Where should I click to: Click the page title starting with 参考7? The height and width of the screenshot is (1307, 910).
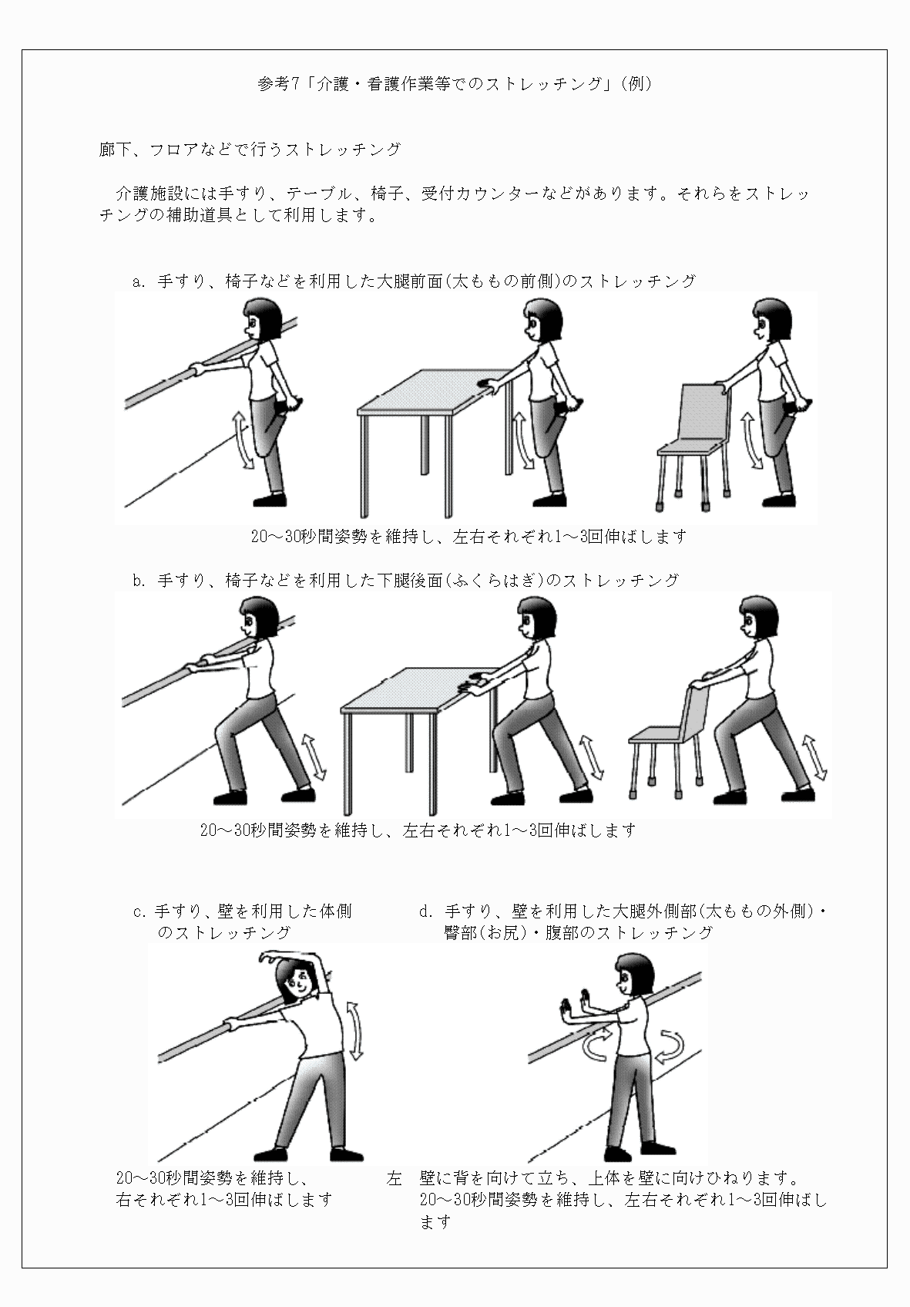[x=455, y=84]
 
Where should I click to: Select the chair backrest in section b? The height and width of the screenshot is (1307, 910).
[x=694, y=713]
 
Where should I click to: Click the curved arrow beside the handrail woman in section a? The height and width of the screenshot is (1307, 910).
[x=243, y=440]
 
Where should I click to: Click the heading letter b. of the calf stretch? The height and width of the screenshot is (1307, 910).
[x=139, y=581]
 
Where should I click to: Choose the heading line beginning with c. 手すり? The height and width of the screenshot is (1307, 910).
[x=243, y=911]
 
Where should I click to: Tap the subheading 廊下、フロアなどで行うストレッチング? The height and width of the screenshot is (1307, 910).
[x=250, y=150]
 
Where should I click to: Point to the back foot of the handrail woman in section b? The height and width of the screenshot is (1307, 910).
[x=297, y=794]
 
